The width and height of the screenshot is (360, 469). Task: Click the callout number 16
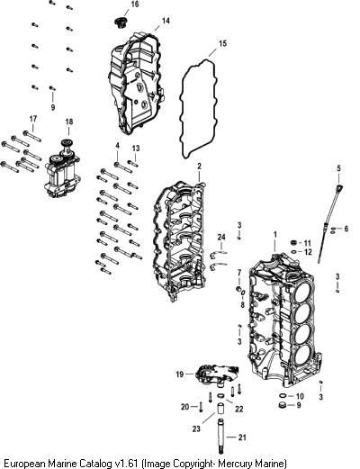135,5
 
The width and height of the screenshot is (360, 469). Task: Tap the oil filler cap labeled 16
121,23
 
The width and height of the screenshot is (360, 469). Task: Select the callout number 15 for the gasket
222,44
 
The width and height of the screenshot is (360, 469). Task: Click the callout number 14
166,21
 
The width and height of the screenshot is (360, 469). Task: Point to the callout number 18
69,122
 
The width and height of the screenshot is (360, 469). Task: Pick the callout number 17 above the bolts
33,119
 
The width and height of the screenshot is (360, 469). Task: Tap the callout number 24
221,238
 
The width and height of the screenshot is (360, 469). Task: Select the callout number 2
199,166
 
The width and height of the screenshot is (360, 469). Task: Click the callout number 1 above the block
275,234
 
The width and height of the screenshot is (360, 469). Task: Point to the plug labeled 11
295,243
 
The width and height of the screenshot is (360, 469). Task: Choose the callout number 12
308,252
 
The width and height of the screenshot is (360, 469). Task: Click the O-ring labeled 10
283,396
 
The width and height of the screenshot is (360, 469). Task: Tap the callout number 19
180,374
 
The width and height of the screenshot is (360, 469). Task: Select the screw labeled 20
202,408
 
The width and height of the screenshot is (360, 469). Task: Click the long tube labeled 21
220,437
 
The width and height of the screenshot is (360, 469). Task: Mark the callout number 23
196,428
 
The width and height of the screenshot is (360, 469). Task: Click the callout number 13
136,149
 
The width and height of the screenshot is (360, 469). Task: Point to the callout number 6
346,229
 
